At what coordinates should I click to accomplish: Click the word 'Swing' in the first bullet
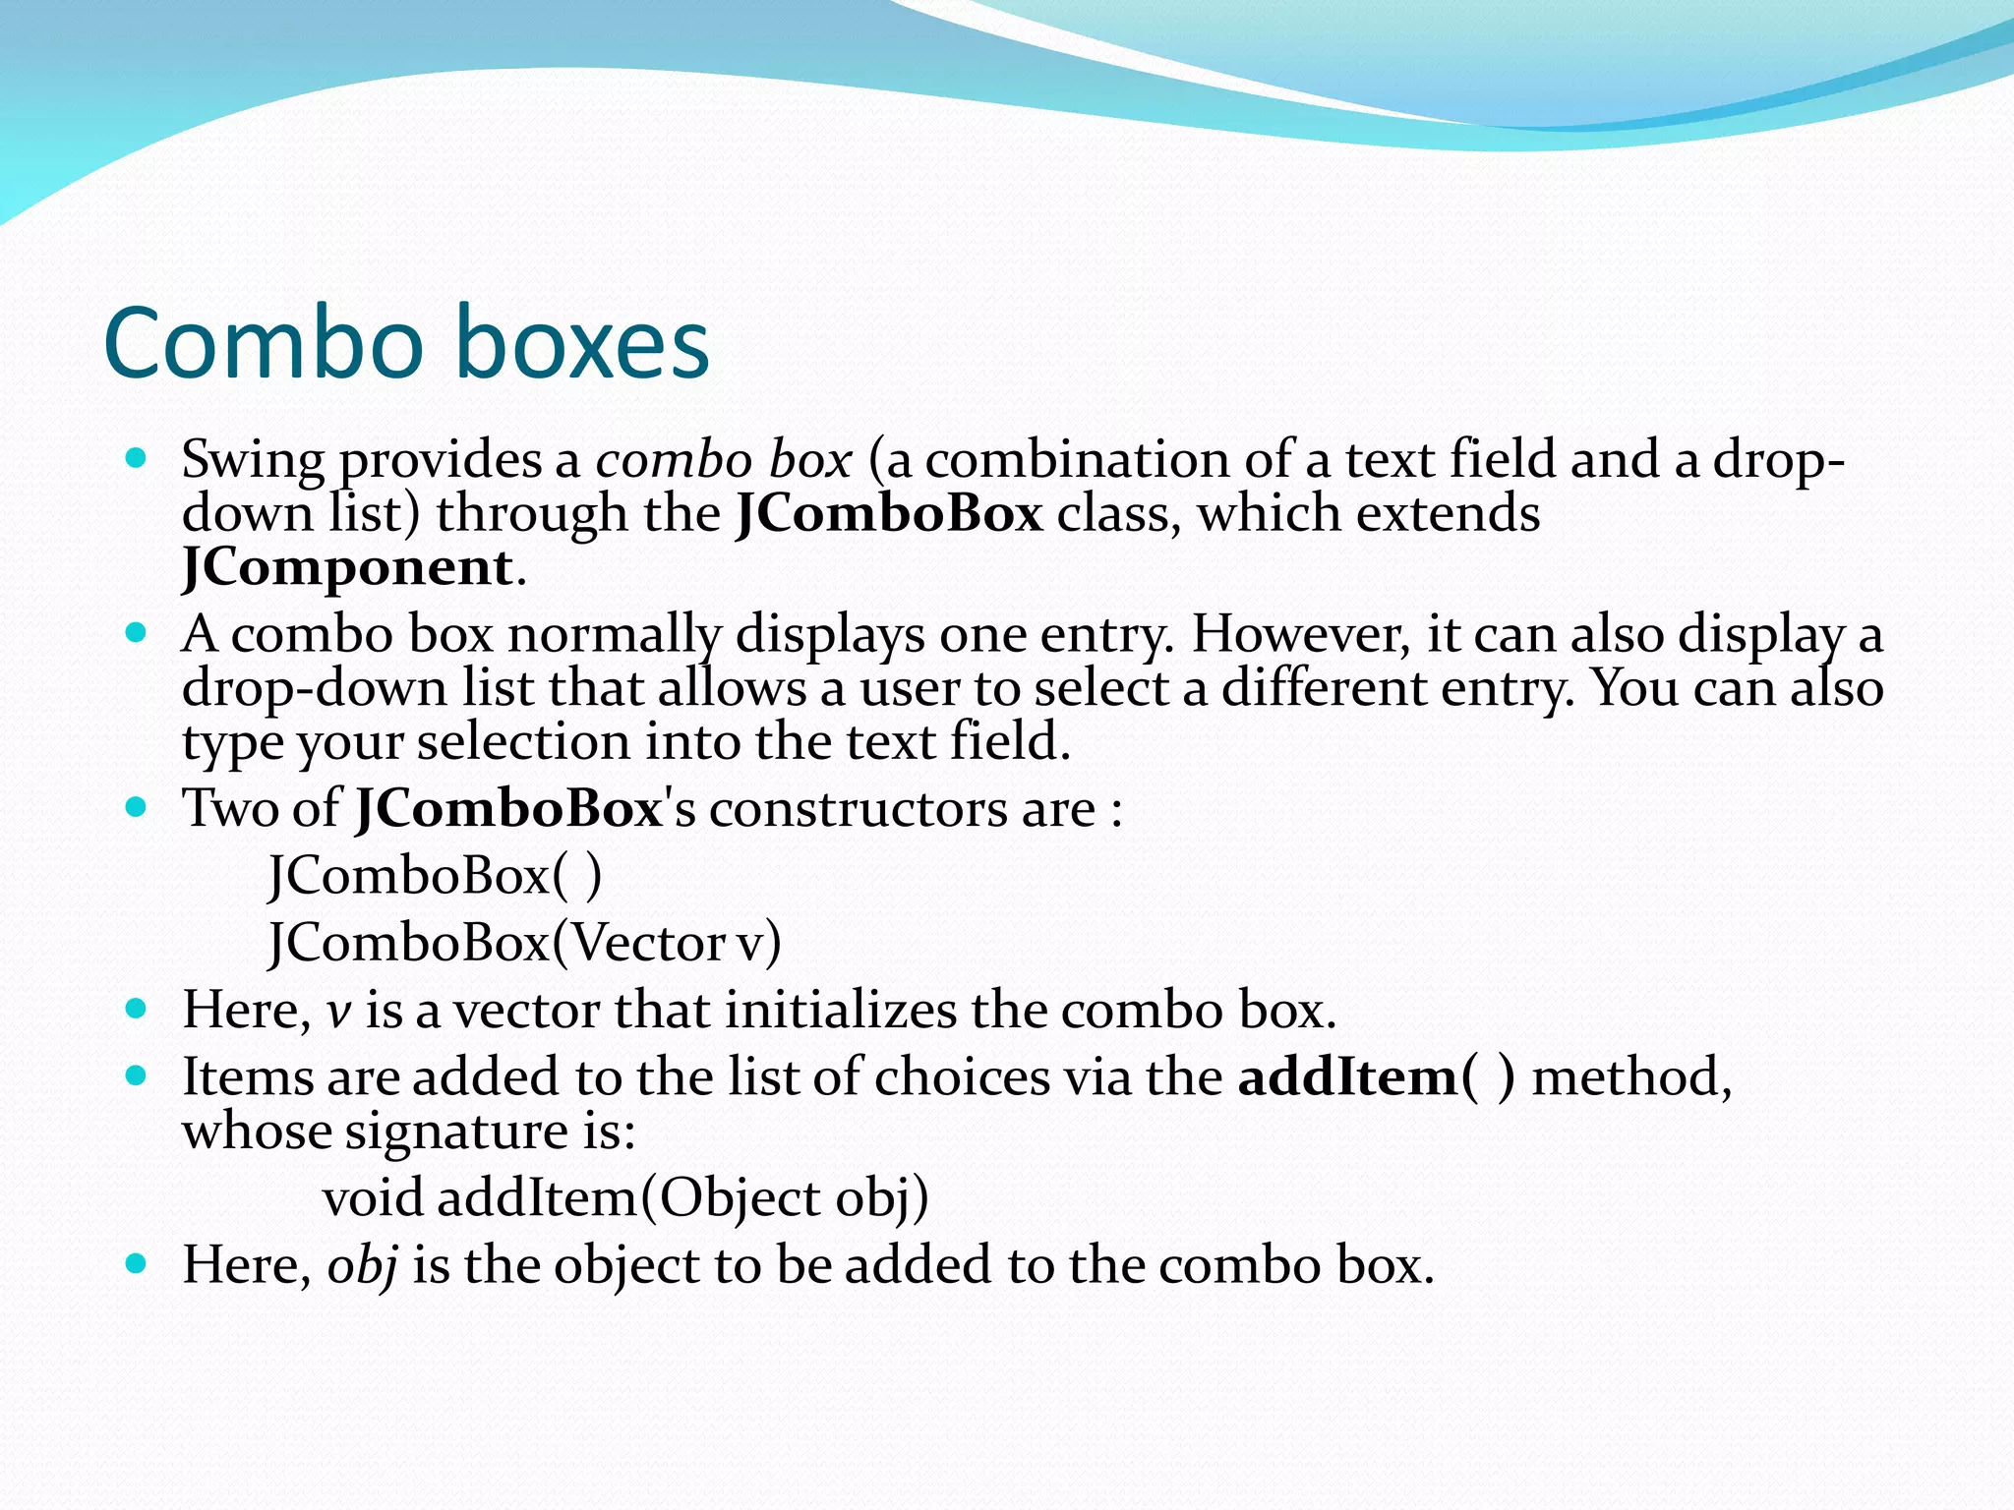click(x=253, y=460)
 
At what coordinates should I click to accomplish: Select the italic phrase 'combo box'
click(x=723, y=460)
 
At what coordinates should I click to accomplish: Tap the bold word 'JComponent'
click(x=347, y=568)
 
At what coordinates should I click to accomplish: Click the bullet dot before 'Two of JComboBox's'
click(x=137, y=808)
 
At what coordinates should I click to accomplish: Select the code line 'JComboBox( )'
click(x=435, y=875)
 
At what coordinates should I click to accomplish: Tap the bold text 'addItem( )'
click(x=1376, y=1077)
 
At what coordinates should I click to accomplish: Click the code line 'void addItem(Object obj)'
click(x=625, y=1197)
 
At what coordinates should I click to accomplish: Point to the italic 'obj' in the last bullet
click(x=362, y=1265)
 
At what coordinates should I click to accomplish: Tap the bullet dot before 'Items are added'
click(x=137, y=1075)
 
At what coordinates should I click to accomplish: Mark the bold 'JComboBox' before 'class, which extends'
click(x=889, y=514)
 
